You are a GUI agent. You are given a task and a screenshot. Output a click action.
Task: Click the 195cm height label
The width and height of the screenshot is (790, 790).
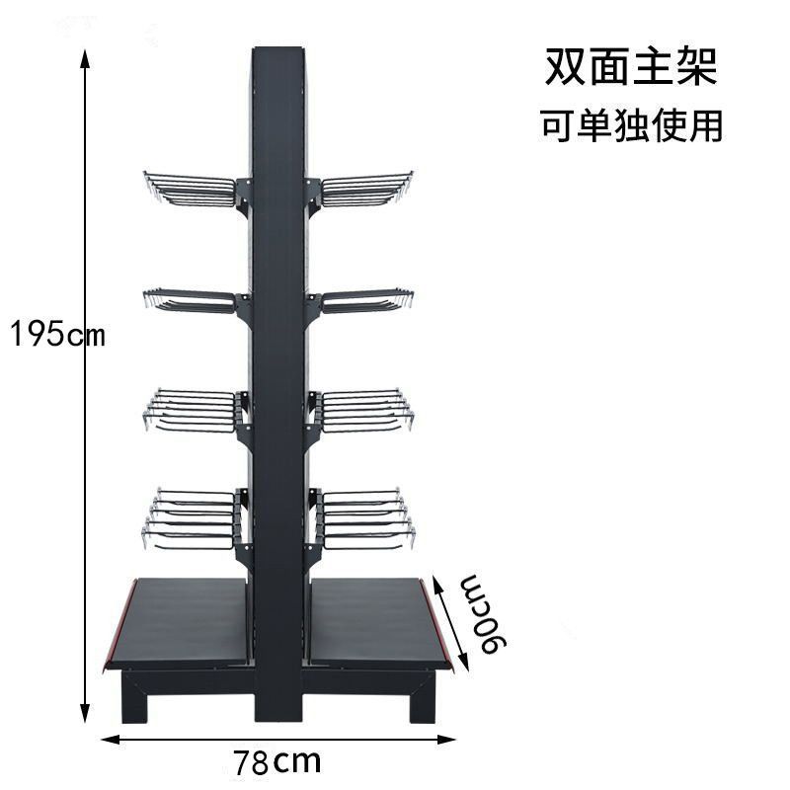pyautogui.click(x=57, y=335)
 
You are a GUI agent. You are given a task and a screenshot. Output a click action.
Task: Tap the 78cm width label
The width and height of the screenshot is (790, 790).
pyautogui.click(x=277, y=762)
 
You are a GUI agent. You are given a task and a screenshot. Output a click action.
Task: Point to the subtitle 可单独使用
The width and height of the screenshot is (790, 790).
pyautogui.click(x=632, y=126)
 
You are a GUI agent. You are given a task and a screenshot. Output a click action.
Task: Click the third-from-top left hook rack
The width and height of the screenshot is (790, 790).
pyautogui.click(x=193, y=410)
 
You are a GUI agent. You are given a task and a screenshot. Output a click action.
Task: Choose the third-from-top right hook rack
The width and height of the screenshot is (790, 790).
pyautogui.click(x=363, y=410)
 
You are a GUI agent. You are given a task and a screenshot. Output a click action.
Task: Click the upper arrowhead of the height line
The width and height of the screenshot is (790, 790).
pyautogui.click(x=86, y=56)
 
